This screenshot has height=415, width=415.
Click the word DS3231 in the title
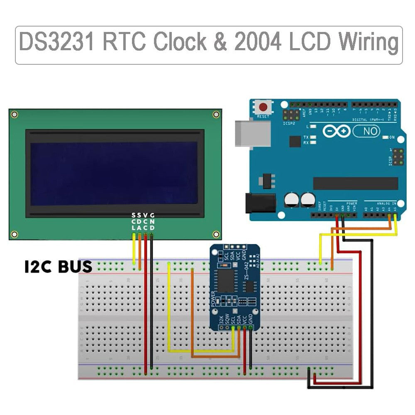(56, 43)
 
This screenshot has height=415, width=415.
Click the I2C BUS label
(59, 266)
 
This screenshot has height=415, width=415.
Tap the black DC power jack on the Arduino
(260, 203)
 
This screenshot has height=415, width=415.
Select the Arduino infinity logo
(337, 132)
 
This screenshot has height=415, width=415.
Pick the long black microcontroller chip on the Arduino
(355, 183)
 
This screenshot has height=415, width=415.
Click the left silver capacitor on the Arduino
(292, 200)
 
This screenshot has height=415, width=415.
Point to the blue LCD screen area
(114, 173)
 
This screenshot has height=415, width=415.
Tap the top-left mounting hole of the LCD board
(15, 115)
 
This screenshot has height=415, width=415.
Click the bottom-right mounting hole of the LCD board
(216, 234)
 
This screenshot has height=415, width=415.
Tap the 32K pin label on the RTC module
(221, 320)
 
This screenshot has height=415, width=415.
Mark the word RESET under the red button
(263, 117)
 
